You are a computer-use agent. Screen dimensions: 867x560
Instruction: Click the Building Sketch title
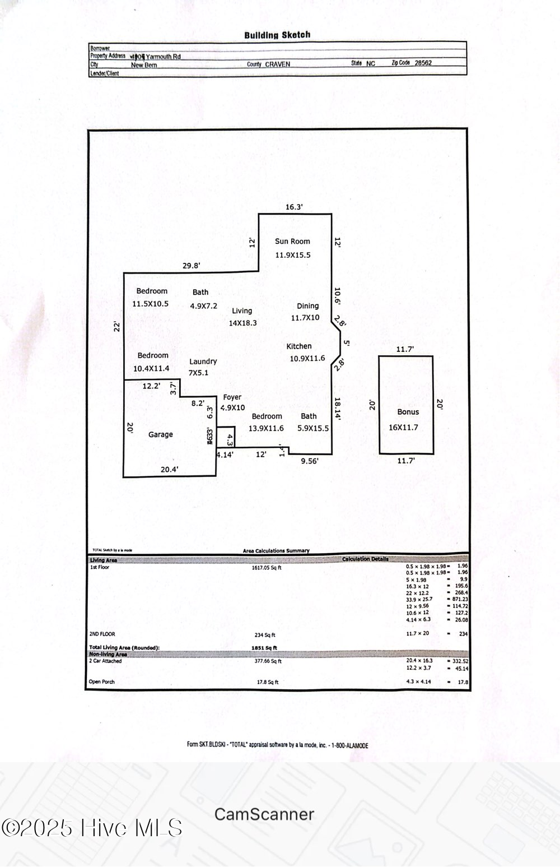pyautogui.click(x=277, y=35)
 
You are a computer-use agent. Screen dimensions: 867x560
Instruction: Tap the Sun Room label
pyautogui.click(x=292, y=242)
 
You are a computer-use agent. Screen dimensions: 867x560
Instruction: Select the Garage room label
pyautogui.click(x=161, y=434)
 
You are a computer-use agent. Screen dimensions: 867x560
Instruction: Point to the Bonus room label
pyautogui.click(x=408, y=412)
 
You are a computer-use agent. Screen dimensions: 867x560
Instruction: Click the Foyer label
pyautogui.click(x=232, y=397)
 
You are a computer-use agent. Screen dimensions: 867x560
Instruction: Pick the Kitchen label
pyautogui.click(x=299, y=346)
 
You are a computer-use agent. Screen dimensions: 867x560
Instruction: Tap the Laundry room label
pyautogui.click(x=203, y=362)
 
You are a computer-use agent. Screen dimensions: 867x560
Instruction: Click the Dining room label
pyautogui.click(x=307, y=306)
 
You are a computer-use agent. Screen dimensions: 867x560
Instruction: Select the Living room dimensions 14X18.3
pyautogui.click(x=242, y=323)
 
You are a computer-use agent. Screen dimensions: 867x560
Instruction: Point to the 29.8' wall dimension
pyautogui.click(x=192, y=266)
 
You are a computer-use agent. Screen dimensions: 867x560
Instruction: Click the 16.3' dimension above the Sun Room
pyautogui.click(x=294, y=207)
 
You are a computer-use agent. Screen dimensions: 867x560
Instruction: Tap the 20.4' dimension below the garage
pyautogui.click(x=169, y=470)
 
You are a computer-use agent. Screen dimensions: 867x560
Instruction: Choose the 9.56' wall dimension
pyautogui.click(x=310, y=461)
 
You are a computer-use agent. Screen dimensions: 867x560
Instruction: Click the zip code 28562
pyautogui.click(x=423, y=63)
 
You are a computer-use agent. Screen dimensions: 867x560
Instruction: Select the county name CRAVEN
pyautogui.click(x=277, y=64)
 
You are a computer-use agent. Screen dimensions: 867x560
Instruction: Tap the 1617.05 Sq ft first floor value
pyautogui.click(x=267, y=568)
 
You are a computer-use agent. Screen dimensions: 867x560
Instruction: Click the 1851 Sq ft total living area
pyautogui.click(x=264, y=648)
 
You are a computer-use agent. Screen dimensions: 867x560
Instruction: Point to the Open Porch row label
pyautogui.click(x=101, y=682)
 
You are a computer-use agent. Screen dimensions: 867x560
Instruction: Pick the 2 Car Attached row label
pyautogui.click(x=105, y=661)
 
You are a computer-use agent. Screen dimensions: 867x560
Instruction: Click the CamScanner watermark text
pyautogui.click(x=264, y=814)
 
